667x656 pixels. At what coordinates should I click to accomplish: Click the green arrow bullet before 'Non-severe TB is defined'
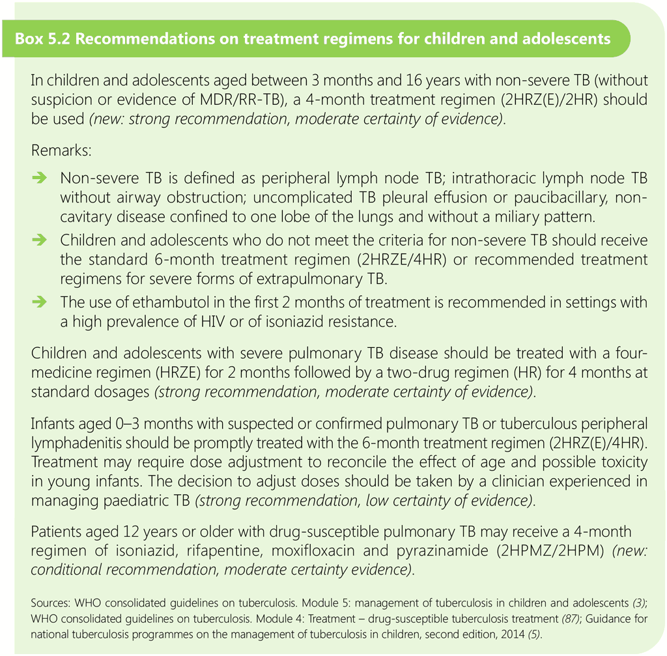40,178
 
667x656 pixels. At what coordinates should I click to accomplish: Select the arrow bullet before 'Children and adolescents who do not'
40,240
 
